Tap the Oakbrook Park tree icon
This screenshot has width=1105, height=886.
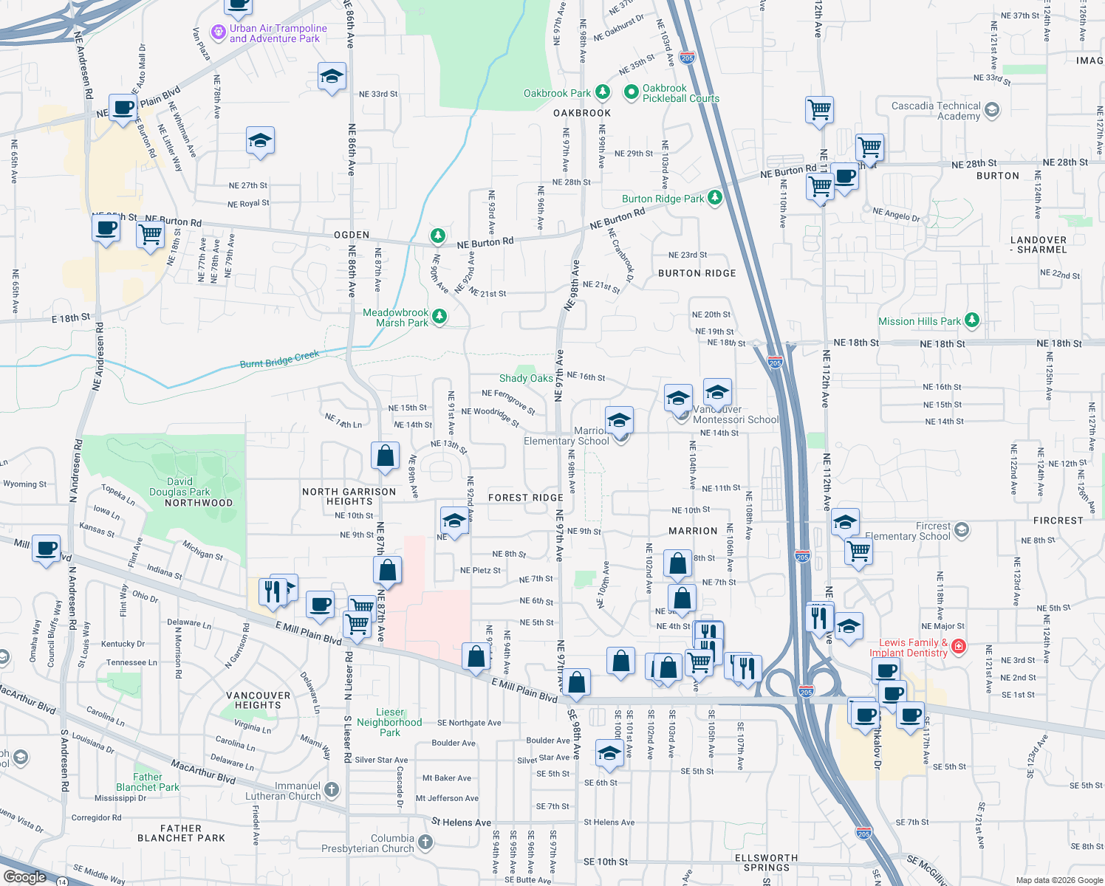tap(603, 92)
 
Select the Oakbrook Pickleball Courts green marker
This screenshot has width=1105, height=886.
tap(631, 92)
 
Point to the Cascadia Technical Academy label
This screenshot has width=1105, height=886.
tap(936, 111)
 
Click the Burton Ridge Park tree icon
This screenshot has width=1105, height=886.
tap(714, 198)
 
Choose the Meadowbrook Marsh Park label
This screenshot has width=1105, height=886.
tap(396, 317)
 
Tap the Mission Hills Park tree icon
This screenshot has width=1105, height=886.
tap(972, 320)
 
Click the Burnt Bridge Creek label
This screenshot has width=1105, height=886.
tap(279, 360)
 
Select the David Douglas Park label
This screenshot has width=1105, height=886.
tap(179, 487)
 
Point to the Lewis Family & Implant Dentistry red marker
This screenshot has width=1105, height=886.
tap(959, 647)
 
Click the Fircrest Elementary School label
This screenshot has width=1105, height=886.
tap(907, 531)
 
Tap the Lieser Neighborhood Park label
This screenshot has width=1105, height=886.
tap(389, 722)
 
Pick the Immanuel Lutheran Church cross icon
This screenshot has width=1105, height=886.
tap(332, 790)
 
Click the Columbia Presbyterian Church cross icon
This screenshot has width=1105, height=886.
tap(425, 842)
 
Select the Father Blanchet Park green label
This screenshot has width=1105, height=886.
tap(148, 782)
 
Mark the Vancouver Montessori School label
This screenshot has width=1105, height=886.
tap(735, 414)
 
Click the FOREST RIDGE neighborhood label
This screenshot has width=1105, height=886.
tap(526, 498)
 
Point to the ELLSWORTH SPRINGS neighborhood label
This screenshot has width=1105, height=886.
tap(766, 862)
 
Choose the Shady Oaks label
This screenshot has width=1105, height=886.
tap(526, 378)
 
